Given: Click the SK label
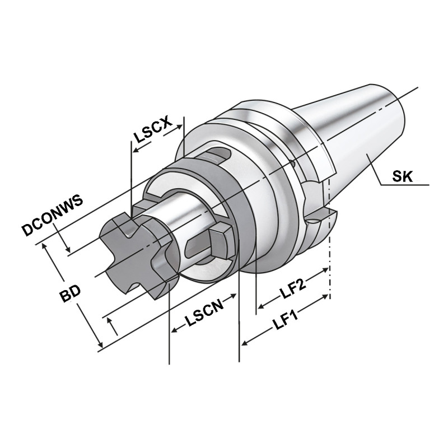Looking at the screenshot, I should coord(402,177).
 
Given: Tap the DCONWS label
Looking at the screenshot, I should coord(52,214).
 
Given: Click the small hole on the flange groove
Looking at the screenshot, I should coord(293,165).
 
